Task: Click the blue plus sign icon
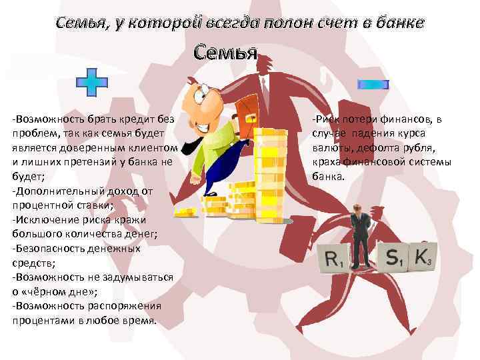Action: (91, 82)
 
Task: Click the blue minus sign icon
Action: (373, 84)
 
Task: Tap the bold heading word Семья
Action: (225, 52)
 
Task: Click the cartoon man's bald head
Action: (203, 93)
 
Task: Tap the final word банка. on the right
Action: (327, 177)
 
